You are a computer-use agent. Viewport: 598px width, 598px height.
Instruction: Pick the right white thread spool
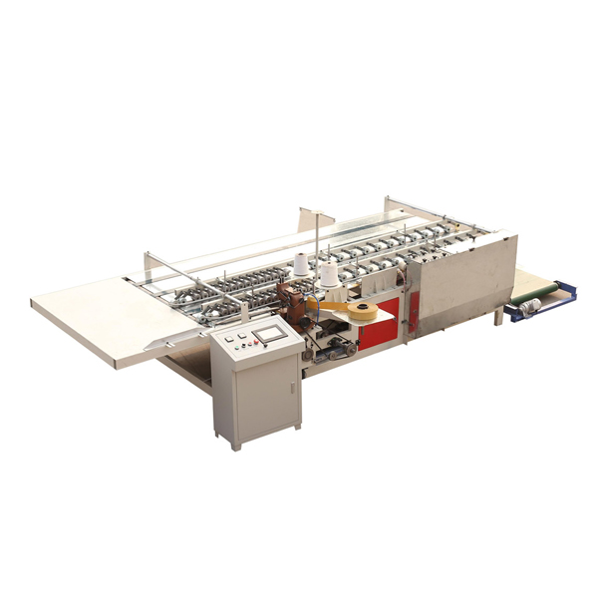click(x=327, y=274)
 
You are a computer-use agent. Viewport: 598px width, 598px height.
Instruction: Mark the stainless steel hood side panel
click(x=463, y=284)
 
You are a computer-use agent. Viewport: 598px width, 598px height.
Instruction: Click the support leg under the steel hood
click(x=498, y=317)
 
